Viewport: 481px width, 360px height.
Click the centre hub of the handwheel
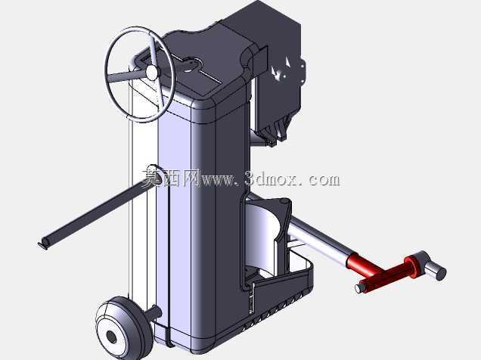pos(151,72)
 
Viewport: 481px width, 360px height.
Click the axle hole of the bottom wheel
pos(112,337)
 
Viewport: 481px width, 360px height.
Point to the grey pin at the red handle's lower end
pos(360,287)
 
